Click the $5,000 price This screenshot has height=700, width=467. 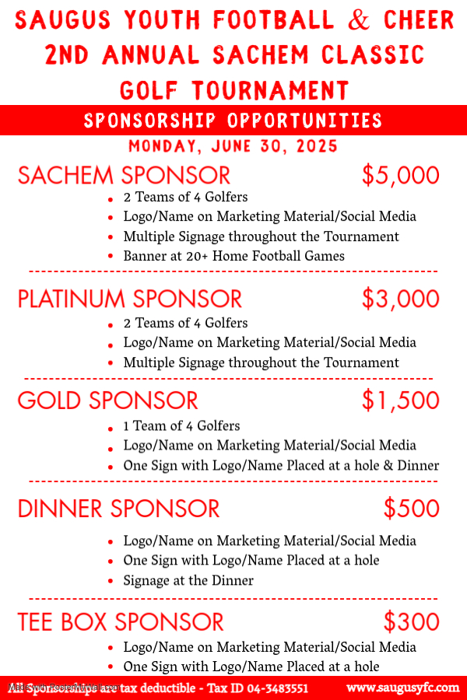(400, 176)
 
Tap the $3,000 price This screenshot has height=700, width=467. (400, 299)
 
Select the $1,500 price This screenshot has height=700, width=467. (400, 401)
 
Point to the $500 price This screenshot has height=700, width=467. (411, 509)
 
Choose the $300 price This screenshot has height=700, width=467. (411, 622)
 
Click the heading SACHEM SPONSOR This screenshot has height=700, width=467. (124, 176)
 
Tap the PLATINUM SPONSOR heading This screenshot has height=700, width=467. (130, 299)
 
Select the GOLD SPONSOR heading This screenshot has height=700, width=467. (107, 401)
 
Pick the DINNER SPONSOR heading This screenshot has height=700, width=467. (118, 509)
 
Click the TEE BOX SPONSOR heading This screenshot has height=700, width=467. (121, 622)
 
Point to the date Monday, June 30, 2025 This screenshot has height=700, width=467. (233, 146)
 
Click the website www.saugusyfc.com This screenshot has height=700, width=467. (402, 688)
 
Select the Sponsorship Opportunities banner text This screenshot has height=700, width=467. (233, 121)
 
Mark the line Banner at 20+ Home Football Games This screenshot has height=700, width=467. (233, 256)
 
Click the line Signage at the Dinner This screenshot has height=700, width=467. (188, 580)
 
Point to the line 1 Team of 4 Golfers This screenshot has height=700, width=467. (181, 426)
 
